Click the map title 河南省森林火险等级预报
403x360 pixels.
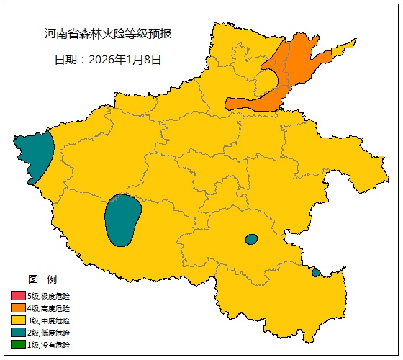(x=107, y=34)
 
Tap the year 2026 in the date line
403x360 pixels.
(x=101, y=60)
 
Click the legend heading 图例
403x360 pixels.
(x=42, y=279)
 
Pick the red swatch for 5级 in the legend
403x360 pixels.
(x=18, y=296)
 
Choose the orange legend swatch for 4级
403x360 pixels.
(x=18, y=308)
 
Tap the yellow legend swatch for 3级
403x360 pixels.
(x=18, y=320)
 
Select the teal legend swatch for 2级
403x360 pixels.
(x=18, y=333)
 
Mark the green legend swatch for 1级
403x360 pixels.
(x=18, y=345)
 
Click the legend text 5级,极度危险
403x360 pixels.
(x=48, y=296)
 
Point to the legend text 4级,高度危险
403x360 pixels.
(x=48, y=308)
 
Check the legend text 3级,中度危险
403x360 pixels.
(x=48, y=320)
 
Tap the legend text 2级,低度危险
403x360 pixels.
(x=48, y=333)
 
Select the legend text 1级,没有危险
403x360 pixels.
(x=48, y=345)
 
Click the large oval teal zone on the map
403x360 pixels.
(x=122, y=220)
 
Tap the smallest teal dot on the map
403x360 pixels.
(x=316, y=272)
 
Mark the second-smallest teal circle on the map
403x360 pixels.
(x=251, y=239)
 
